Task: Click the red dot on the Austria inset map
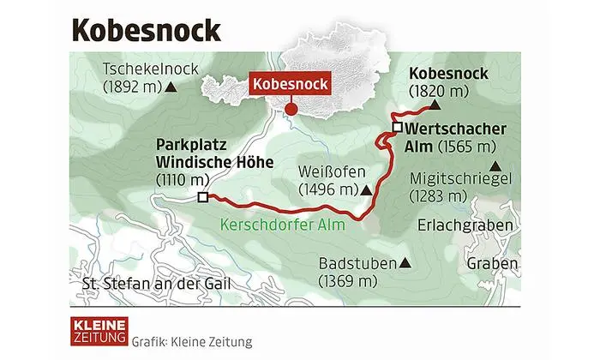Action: pos(291,110)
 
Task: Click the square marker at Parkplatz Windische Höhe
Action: pos(202,197)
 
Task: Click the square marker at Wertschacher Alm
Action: pos(397,129)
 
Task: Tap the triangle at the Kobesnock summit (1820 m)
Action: pos(435,106)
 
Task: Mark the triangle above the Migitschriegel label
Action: pos(494,167)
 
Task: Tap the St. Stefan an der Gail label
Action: pos(152,285)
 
